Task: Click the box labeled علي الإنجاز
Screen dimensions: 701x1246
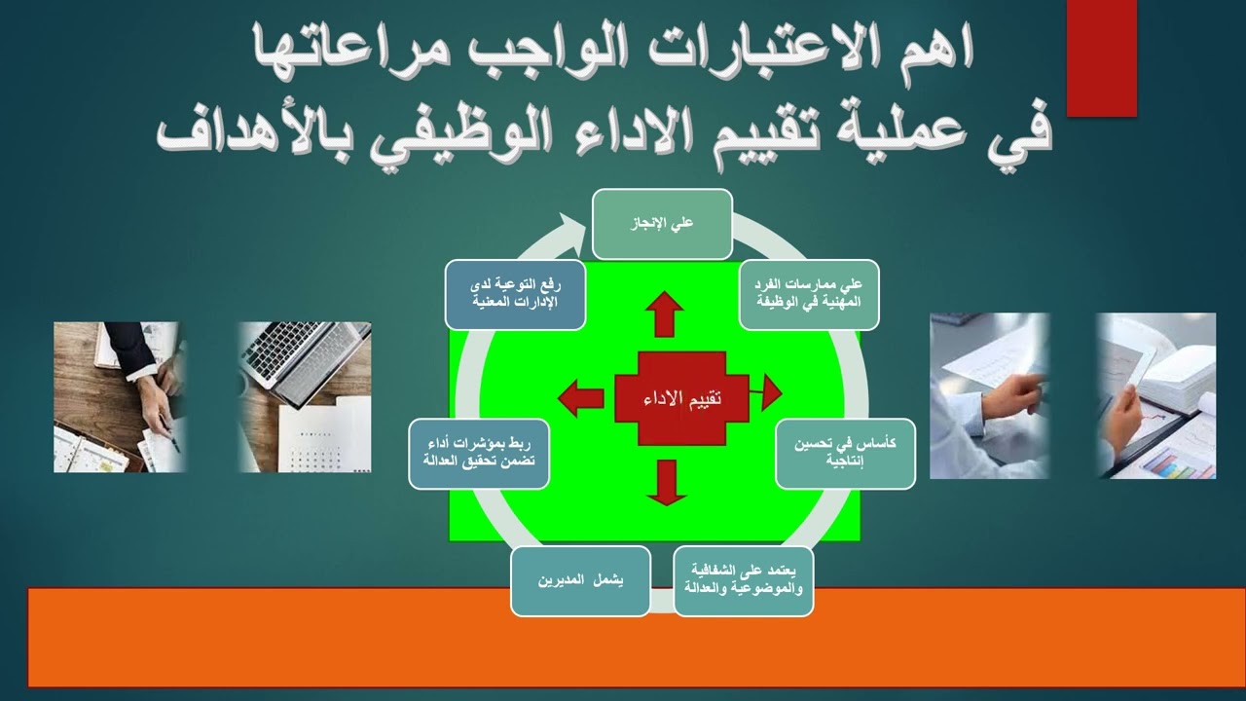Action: coord(662,224)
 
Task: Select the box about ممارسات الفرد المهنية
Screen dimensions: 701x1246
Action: coord(809,295)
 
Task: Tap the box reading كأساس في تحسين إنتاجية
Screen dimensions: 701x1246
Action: coord(845,453)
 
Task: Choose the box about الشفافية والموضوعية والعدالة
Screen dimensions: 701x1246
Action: coord(744,581)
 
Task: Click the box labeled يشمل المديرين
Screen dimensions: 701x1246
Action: coord(580,581)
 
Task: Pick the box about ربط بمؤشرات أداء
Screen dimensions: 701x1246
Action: coord(479,453)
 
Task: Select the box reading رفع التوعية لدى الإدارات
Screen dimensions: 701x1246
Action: coord(515,294)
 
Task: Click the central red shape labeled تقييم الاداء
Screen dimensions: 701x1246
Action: coord(681,398)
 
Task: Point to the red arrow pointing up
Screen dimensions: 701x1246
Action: coord(666,313)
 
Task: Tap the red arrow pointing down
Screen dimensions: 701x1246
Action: coord(666,482)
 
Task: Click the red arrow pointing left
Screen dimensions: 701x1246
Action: coord(580,396)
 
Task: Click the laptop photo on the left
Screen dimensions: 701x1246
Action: coord(305,397)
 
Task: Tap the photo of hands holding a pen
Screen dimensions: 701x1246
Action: coord(119,397)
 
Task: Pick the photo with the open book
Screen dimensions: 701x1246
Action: coord(1156,395)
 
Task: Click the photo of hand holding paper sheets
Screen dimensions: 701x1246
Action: coord(989,395)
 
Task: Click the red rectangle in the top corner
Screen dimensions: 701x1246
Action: coord(1102,58)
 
